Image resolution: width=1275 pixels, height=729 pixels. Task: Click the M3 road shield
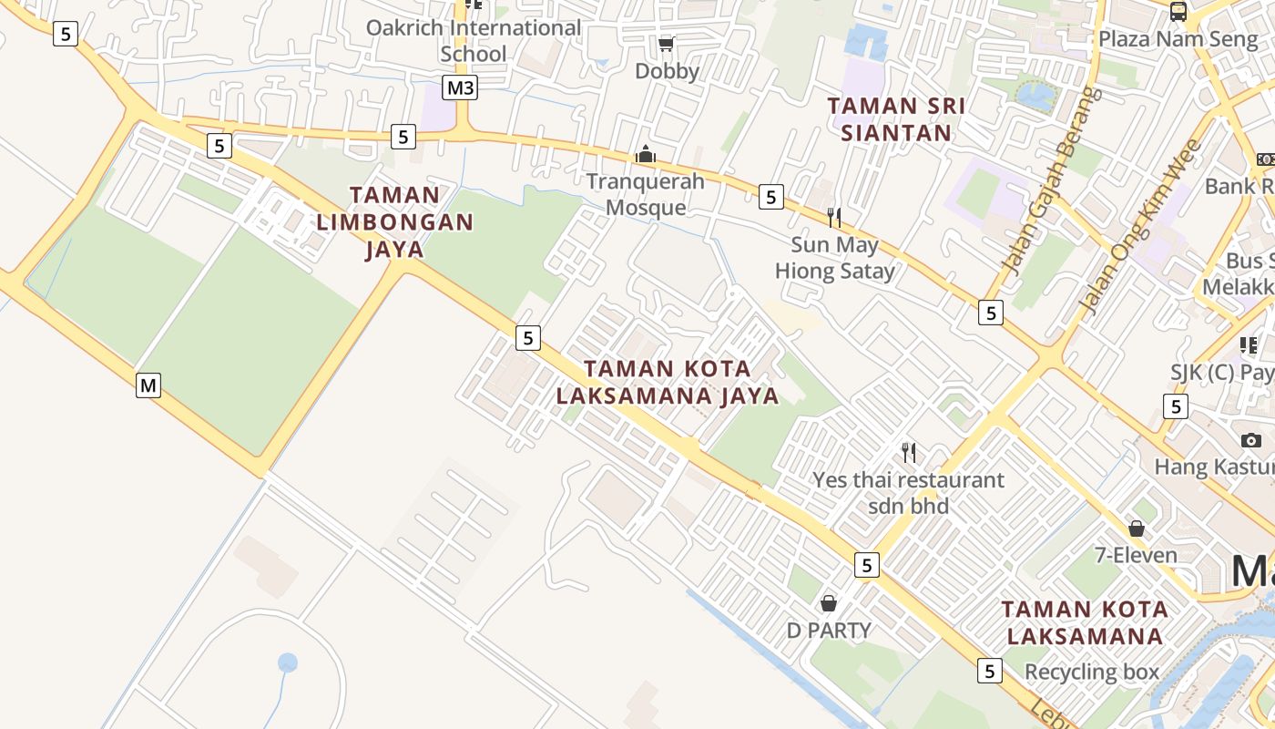[460, 87]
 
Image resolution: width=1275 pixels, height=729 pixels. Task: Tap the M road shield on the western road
[148, 385]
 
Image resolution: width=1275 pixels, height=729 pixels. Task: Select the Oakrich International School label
[473, 40]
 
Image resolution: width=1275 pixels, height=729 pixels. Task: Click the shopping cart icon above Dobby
[666, 44]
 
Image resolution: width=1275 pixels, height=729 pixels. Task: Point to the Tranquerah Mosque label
[645, 194]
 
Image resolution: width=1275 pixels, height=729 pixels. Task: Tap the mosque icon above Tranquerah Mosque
[646, 154]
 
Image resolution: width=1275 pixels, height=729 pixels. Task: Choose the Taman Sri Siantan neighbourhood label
[896, 119]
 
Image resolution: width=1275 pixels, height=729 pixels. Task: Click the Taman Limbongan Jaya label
[395, 221]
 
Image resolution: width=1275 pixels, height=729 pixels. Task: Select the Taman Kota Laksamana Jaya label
[668, 382]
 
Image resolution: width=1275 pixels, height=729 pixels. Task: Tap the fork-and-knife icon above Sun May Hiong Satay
[833, 217]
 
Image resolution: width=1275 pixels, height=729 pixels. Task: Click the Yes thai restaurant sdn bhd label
[908, 492]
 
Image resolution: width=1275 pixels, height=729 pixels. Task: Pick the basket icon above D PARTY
[829, 602]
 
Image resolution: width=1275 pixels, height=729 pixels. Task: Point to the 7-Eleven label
[1136, 555]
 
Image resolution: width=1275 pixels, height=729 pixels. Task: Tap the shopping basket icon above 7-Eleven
[1136, 529]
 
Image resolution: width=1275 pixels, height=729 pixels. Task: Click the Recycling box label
[1092, 673]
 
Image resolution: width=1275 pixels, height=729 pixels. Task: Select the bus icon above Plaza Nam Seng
[1178, 12]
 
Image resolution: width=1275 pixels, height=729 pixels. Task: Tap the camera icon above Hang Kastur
[1250, 441]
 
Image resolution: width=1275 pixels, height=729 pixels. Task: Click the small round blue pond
[288, 662]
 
